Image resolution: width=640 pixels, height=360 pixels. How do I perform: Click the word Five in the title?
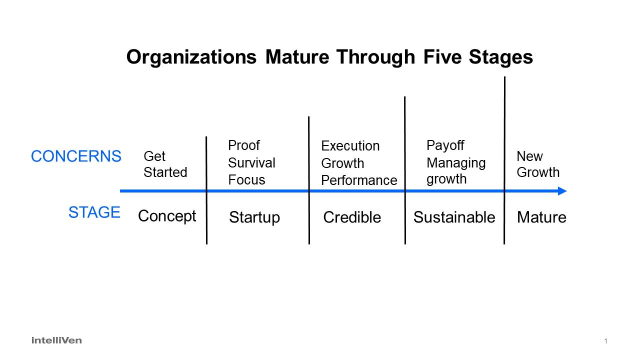pos(442,57)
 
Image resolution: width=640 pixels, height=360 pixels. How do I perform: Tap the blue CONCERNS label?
pos(76,156)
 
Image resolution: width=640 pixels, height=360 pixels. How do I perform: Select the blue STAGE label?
pos(94,212)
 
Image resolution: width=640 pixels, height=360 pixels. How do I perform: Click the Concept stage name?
pos(167,216)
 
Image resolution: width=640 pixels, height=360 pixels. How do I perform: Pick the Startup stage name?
pos(254,217)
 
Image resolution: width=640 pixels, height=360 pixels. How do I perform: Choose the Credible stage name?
pos(352,217)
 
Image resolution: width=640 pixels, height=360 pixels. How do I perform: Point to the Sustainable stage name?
pos(454,217)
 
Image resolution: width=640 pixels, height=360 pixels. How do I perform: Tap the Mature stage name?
pos(541,217)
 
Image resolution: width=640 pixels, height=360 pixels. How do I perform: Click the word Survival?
pos(251,163)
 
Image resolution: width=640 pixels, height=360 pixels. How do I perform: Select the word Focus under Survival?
pos(247,180)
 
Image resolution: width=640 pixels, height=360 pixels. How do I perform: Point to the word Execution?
pos(350,146)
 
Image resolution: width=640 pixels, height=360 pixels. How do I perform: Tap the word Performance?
pos(359,180)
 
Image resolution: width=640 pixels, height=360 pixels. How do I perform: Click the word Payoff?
pos(445,145)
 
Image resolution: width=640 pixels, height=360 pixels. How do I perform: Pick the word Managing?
pos(456,163)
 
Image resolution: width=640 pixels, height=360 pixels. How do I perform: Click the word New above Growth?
pos(529,156)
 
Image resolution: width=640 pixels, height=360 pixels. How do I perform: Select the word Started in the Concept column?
pos(165,172)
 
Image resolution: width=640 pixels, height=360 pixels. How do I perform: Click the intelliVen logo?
pos(56,340)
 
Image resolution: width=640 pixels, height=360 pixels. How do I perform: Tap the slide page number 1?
pos(605,341)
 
